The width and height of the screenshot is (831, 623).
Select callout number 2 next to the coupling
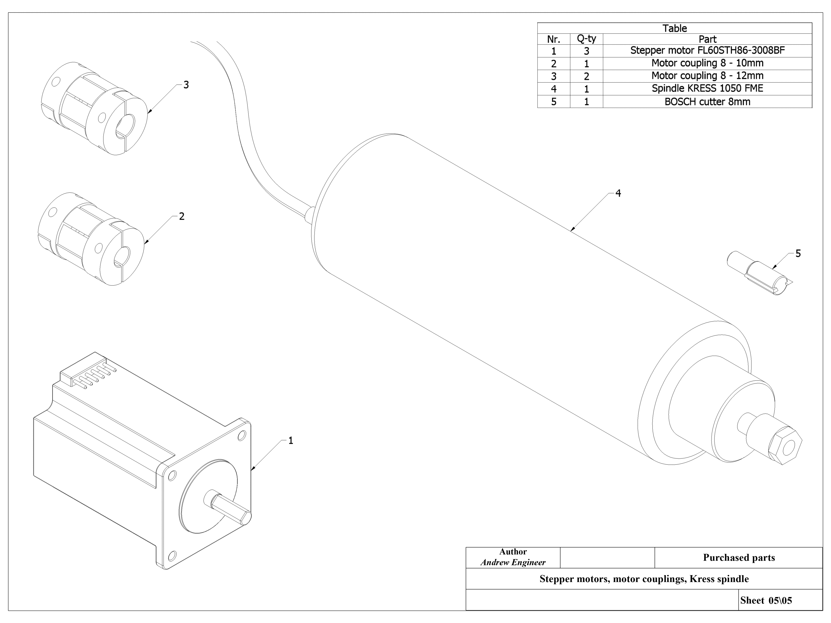tap(182, 217)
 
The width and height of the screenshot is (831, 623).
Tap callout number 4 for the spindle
tap(618, 193)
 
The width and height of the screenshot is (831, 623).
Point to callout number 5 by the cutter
tap(798, 254)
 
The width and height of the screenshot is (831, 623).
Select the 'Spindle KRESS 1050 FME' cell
tap(707, 89)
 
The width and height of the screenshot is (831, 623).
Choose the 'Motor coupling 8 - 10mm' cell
tap(707, 63)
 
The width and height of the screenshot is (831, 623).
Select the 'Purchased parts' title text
tap(738, 558)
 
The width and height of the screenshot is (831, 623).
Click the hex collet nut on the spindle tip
tap(785, 446)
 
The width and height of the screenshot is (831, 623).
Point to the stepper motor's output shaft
tap(229, 509)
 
